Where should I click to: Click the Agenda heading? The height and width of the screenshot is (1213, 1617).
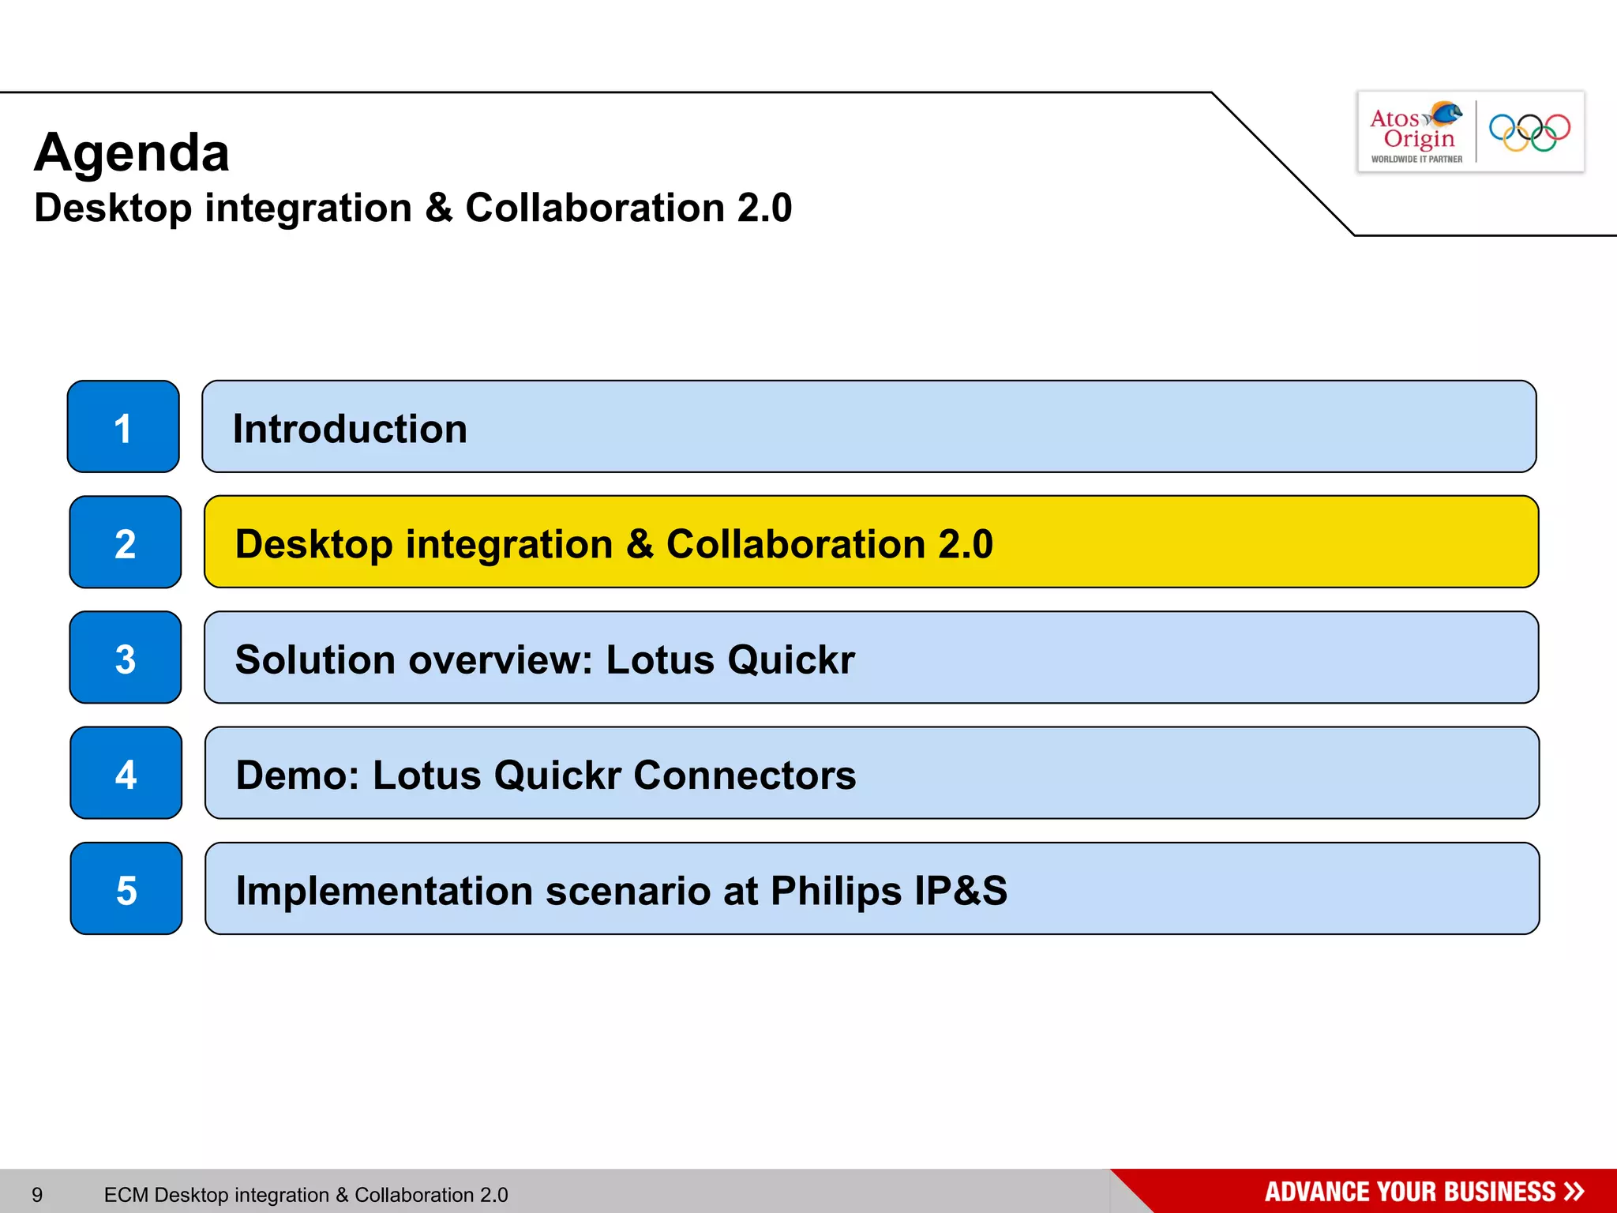[x=132, y=152]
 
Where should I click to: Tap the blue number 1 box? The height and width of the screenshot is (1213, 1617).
[x=123, y=427]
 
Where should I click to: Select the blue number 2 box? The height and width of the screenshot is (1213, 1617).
[x=126, y=543]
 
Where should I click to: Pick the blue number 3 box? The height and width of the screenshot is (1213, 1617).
[x=126, y=658]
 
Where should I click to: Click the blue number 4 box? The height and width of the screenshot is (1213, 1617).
[x=126, y=773]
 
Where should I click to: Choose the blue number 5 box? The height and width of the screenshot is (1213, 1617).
[x=126, y=889]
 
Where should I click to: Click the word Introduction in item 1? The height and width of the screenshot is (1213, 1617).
[x=350, y=429]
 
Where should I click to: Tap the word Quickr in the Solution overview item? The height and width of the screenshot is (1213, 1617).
[x=791, y=659]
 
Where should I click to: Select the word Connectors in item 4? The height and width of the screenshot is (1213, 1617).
[x=745, y=775]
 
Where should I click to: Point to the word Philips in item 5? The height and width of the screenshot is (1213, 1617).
[x=836, y=891]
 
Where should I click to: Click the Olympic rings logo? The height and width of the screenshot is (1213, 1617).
[x=1529, y=132]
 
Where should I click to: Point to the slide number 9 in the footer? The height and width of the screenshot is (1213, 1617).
[x=37, y=1195]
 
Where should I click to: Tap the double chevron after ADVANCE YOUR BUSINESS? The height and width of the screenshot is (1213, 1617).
[x=1574, y=1192]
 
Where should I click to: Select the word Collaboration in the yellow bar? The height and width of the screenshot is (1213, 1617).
[x=795, y=544]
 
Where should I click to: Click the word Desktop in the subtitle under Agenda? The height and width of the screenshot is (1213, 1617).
[x=113, y=208]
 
